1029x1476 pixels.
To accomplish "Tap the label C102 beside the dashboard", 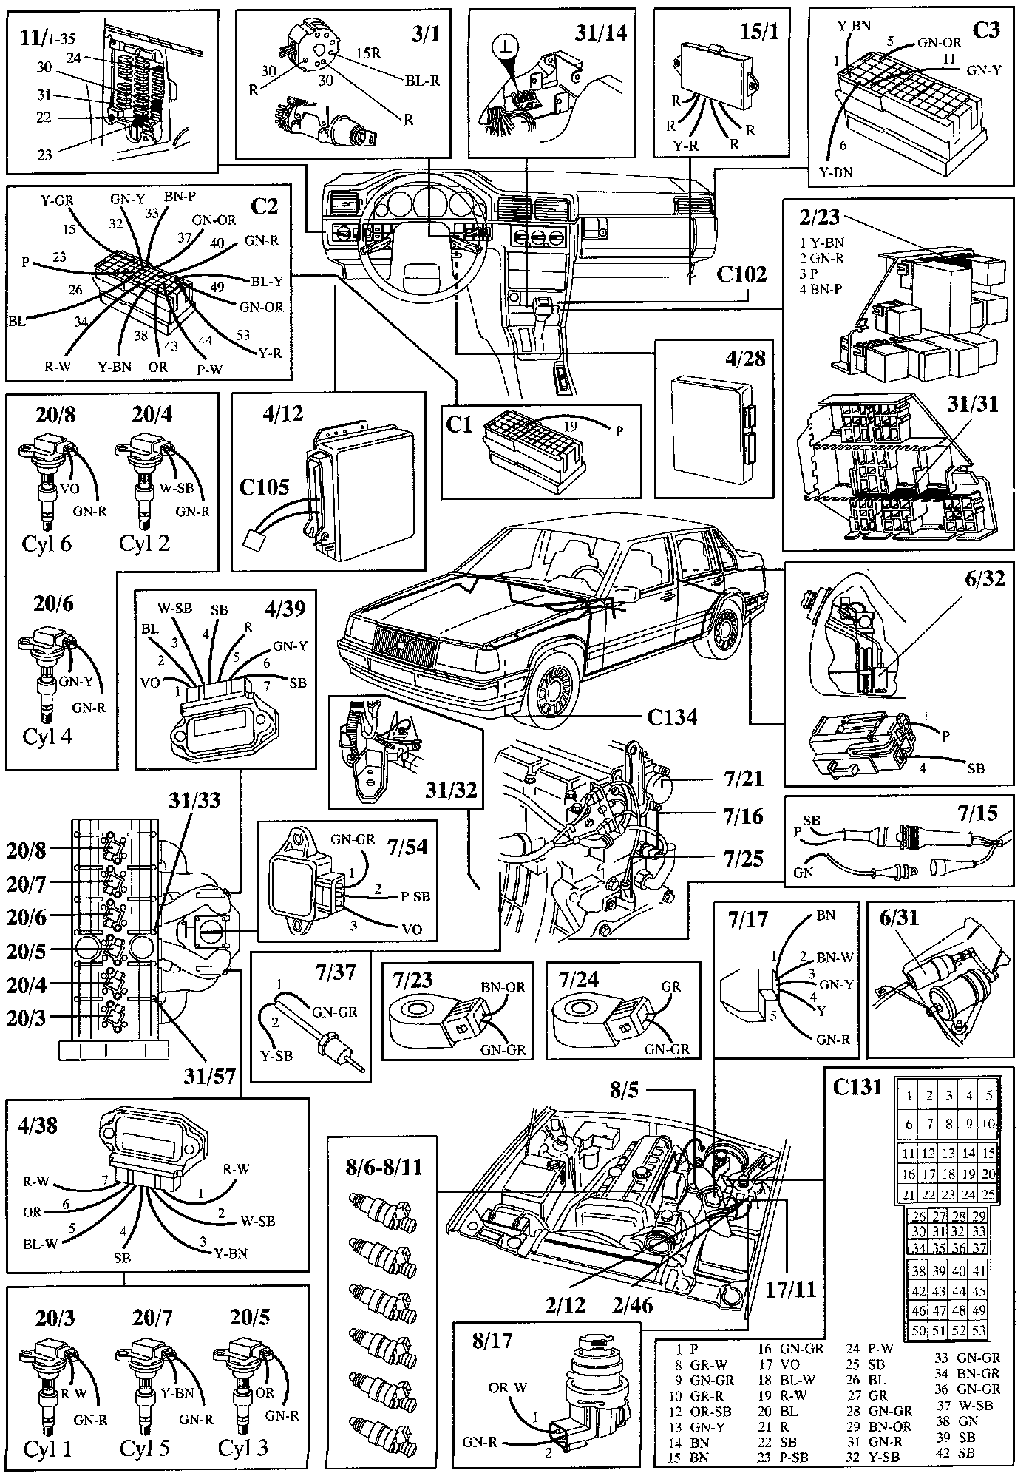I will pyautogui.click(x=741, y=273).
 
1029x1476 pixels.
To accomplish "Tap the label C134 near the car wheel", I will pyautogui.click(x=671, y=717).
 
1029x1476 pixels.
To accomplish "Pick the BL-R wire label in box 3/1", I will pyautogui.click(x=423, y=81).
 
